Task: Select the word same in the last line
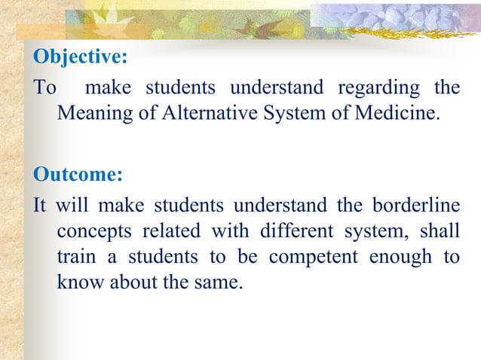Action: pyautogui.click(x=218, y=284)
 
